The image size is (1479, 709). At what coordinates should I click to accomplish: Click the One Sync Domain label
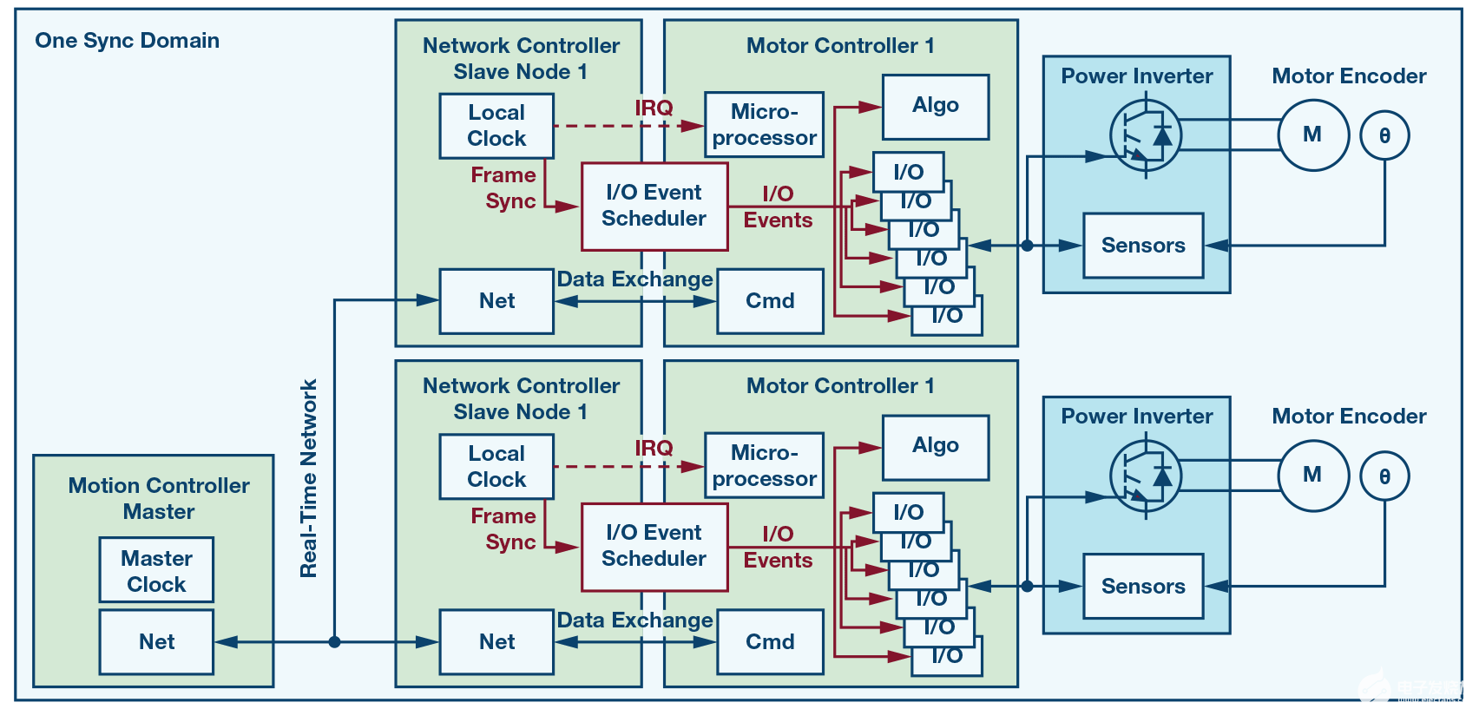pyautogui.click(x=127, y=41)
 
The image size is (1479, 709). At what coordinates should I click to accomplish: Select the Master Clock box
pyautogui.click(x=156, y=570)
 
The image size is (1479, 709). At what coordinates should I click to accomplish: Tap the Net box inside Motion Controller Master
pyautogui.click(x=156, y=641)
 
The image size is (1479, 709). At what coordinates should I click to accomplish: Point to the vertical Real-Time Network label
pyautogui.click(x=309, y=478)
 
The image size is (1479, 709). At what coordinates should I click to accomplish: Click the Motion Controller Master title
pyautogui.click(x=159, y=498)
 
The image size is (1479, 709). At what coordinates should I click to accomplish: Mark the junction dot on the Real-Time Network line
pyautogui.click(x=334, y=642)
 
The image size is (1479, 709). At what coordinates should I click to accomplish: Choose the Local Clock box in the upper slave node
pyautogui.click(x=496, y=126)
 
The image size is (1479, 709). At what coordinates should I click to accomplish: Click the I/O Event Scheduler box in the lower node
pyautogui.click(x=654, y=546)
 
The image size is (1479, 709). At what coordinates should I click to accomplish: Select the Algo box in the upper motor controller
pyautogui.click(x=936, y=106)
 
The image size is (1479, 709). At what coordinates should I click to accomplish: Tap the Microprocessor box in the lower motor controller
pyautogui.click(x=764, y=466)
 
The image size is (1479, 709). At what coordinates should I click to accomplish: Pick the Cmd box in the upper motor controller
pyautogui.click(x=770, y=301)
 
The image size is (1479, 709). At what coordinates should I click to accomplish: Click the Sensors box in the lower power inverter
pyautogui.click(x=1143, y=587)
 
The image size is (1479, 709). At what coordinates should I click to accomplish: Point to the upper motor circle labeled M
pyautogui.click(x=1313, y=135)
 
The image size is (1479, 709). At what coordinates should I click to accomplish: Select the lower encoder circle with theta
pyautogui.click(x=1384, y=476)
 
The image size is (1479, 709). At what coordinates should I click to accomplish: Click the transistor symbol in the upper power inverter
pyautogui.click(x=1146, y=135)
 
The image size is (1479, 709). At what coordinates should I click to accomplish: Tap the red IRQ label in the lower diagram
pyautogui.click(x=654, y=448)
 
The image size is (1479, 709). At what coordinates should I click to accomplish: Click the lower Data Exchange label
pyautogui.click(x=634, y=620)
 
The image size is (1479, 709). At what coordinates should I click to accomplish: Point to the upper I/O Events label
pyautogui.click(x=778, y=207)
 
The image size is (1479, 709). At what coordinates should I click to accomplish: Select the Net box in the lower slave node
pyautogui.click(x=496, y=641)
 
